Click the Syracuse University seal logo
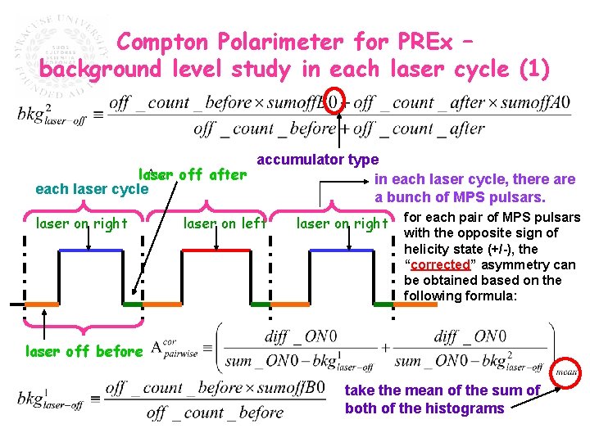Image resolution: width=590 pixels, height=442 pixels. pos(61,54)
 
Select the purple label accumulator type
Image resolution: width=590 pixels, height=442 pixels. pos(318,160)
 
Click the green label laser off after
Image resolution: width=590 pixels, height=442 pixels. pos(193,174)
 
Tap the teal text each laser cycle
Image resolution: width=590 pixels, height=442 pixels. pos(92,189)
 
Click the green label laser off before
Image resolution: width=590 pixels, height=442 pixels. pos(84,352)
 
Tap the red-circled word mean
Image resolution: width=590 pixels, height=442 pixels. pos(566,372)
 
